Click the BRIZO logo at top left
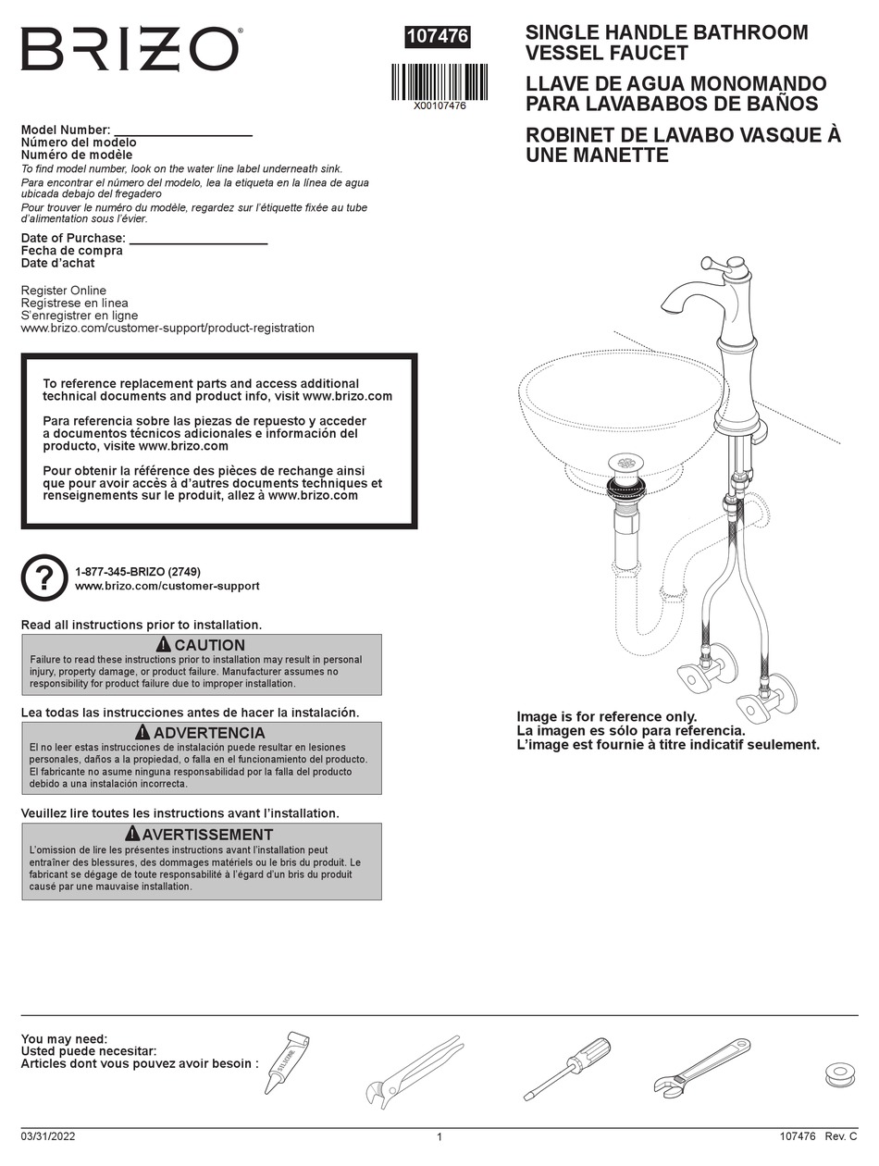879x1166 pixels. click(x=130, y=49)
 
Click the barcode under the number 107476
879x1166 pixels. click(x=439, y=81)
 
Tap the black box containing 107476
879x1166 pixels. click(x=439, y=36)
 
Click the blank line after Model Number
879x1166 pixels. click(x=182, y=131)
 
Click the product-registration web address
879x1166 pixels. click(x=167, y=328)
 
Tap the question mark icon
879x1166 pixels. click(x=44, y=577)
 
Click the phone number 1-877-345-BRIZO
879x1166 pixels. click(x=138, y=572)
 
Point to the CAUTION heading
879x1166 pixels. click(x=201, y=645)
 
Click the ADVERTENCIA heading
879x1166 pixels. click(x=201, y=733)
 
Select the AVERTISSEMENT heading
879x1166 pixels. click(x=201, y=835)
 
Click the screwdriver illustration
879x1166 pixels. click(x=566, y=1067)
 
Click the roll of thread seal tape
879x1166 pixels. click(x=839, y=1074)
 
